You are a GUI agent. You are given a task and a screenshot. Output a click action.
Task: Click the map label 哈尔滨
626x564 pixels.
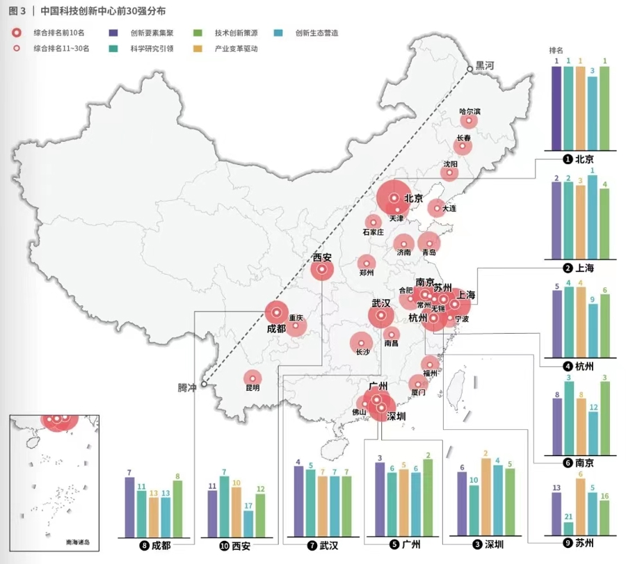click(x=470, y=111)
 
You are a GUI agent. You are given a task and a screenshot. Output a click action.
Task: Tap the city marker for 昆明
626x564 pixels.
click(x=252, y=378)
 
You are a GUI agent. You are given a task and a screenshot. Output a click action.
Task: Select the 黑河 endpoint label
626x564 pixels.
click(x=484, y=66)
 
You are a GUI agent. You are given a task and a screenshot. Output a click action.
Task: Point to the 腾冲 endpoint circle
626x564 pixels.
click(x=204, y=383)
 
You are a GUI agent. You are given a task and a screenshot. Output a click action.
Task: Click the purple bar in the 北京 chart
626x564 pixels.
click(x=556, y=108)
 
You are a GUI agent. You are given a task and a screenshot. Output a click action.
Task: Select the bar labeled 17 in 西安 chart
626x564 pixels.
click(x=248, y=524)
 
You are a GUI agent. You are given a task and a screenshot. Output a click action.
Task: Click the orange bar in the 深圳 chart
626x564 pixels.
click(x=485, y=497)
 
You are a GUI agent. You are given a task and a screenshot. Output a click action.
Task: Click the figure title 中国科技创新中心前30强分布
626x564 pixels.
click(x=103, y=11)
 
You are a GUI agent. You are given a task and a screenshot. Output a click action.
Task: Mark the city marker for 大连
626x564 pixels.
click(x=436, y=207)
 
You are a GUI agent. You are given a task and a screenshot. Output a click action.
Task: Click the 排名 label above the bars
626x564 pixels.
click(x=556, y=50)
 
